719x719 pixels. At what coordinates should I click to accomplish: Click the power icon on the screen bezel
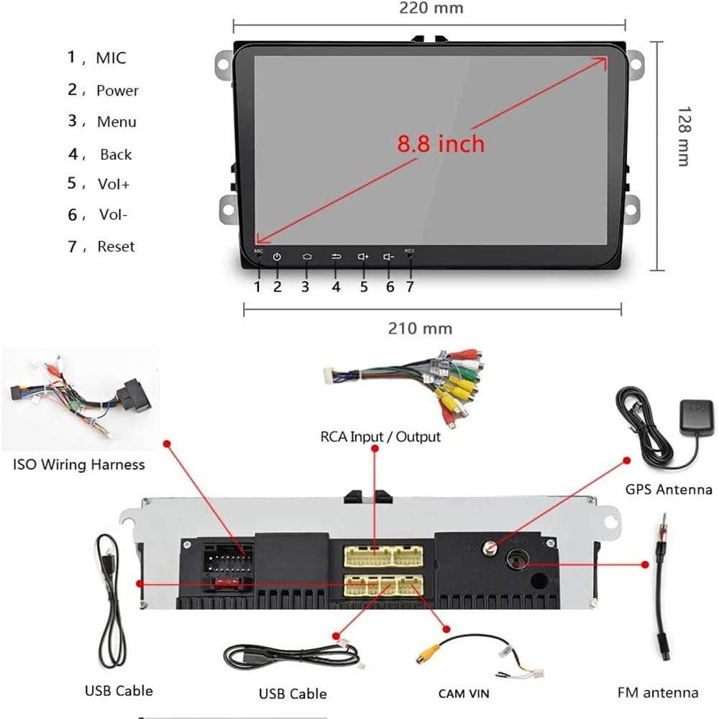277,257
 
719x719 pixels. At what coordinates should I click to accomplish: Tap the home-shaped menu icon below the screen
306,257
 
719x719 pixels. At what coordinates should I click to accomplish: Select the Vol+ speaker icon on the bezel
363,257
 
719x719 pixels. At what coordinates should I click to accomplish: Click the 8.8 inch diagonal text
441,143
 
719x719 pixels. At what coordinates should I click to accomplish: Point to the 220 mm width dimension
431,9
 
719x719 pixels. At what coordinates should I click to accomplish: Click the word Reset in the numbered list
116,247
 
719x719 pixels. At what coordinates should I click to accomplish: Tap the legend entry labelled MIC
111,58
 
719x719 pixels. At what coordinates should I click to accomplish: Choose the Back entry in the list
116,155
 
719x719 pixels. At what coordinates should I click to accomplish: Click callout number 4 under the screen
336,286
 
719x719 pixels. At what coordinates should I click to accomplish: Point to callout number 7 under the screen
410,286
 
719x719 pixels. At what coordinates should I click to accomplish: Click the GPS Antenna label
668,490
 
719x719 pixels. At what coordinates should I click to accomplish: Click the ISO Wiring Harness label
79,464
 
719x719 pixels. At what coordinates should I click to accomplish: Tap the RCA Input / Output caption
380,436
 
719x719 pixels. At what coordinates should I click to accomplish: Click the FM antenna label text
657,693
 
